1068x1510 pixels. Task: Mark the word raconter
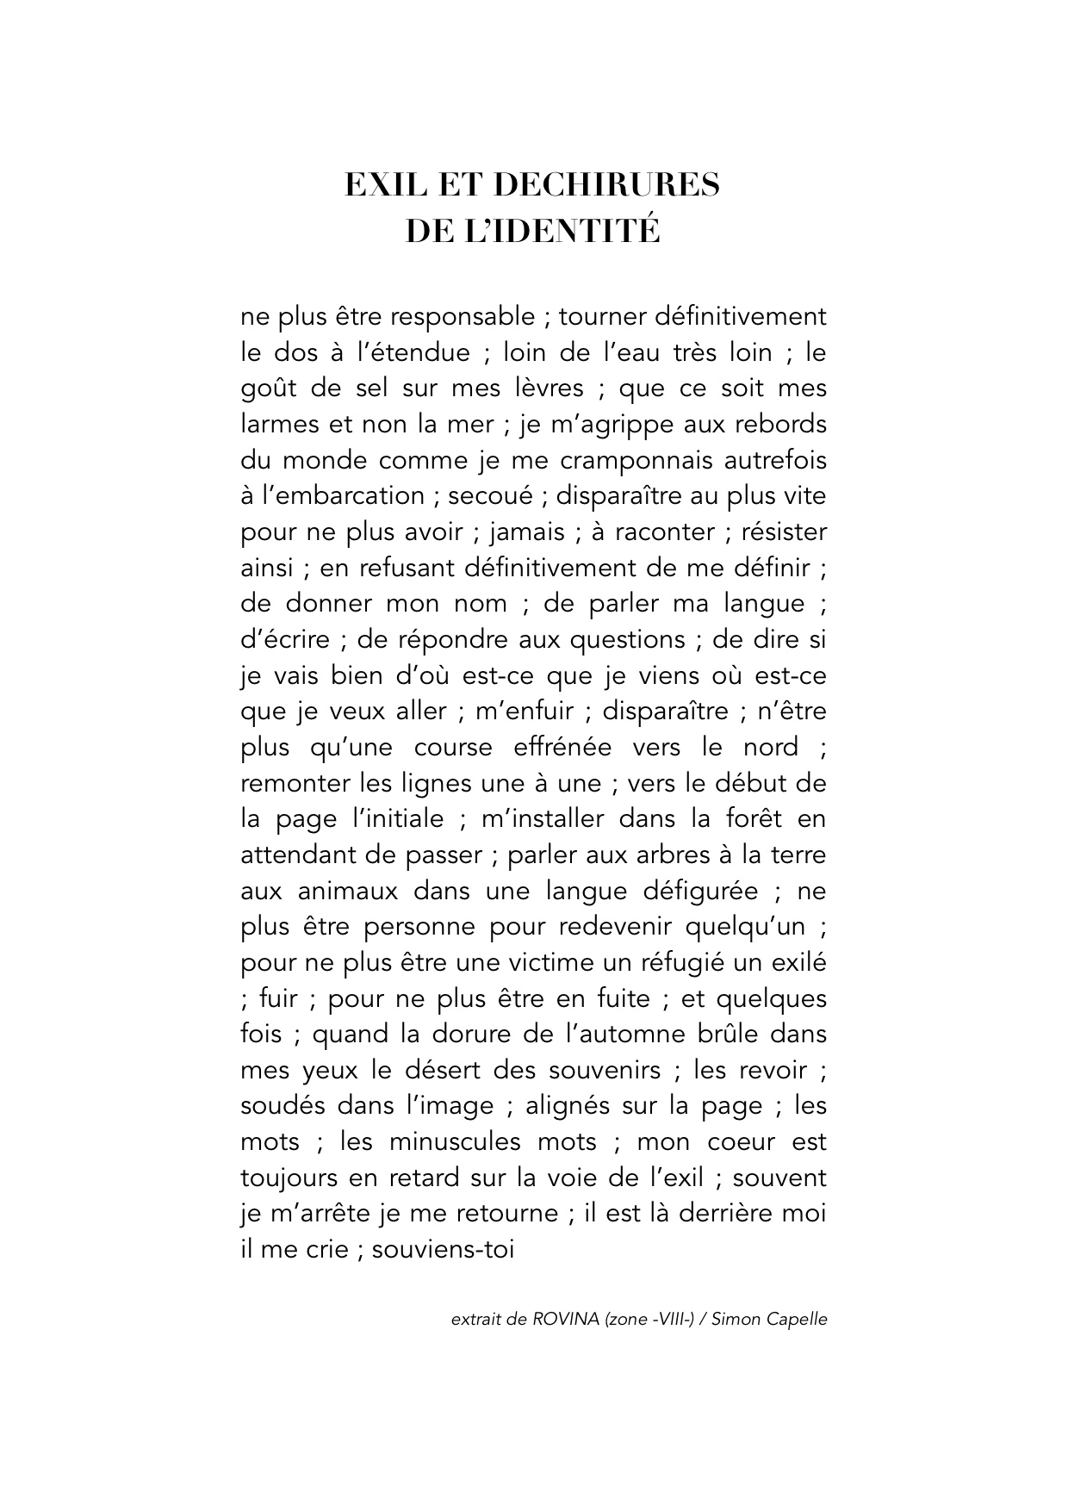pyautogui.click(x=665, y=532)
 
